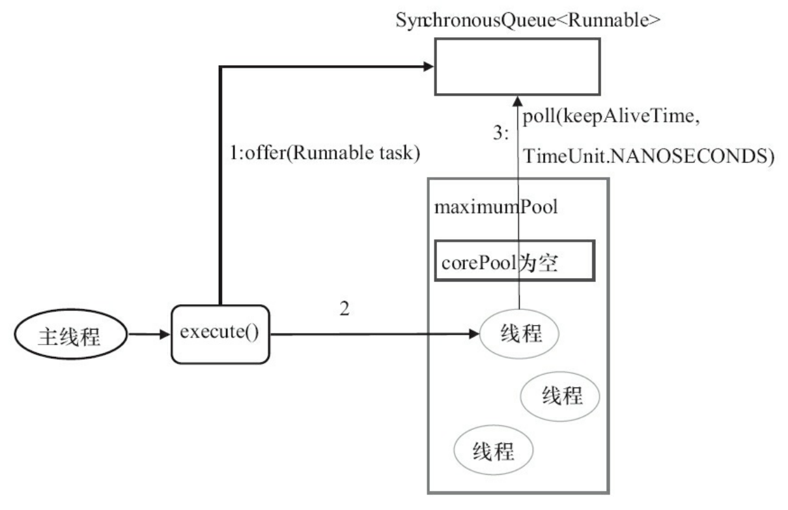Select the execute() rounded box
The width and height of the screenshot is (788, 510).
pyautogui.click(x=219, y=335)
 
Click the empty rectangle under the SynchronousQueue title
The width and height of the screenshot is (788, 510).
pyautogui.click(x=518, y=67)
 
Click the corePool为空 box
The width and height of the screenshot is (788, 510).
pyautogui.click(x=514, y=262)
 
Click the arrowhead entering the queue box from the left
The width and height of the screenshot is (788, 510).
pyautogui.click(x=428, y=66)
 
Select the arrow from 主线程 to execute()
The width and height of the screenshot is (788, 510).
pyautogui.click(x=148, y=336)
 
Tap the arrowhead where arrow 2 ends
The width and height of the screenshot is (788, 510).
pyautogui.click(x=473, y=335)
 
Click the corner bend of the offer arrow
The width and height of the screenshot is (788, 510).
pyautogui.click(x=222, y=66)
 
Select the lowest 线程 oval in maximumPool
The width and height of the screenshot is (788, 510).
pyautogui.click(x=492, y=449)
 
